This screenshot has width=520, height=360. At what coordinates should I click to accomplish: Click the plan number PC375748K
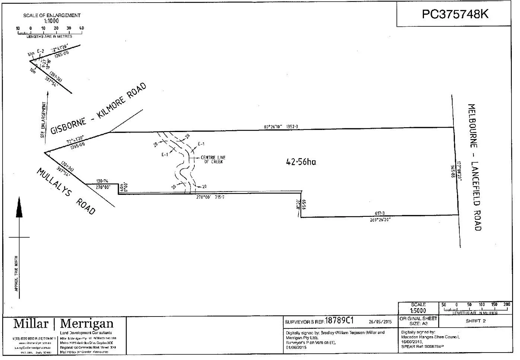(x=455, y=14)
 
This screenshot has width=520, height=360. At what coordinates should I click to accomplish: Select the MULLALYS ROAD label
(x=66, y=191)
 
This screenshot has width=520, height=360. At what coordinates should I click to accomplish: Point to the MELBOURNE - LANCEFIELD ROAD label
(x=475, y=167)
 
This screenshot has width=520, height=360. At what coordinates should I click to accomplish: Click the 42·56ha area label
(x=301, y=162)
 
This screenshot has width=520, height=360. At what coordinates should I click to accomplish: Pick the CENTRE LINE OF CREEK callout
(x=213, y=160)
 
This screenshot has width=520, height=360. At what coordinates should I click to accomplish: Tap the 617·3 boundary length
(x=380, y=213)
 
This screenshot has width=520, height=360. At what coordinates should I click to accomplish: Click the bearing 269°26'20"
(x=380, y=219)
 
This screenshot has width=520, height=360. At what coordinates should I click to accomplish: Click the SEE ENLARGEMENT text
(x=44, y=120)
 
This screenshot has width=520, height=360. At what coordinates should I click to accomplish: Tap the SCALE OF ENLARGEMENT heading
(x=52, y=15)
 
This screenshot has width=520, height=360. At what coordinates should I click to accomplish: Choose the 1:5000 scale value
(x=418, y=311)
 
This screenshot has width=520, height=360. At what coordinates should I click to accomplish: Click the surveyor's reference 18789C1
(x=339, y=321)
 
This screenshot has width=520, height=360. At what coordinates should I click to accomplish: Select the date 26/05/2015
(x=380, y=322)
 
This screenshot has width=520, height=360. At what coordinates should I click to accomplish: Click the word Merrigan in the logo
(x=87, y=324)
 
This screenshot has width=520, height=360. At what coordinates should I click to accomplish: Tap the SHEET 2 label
(x=475, y=321)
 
